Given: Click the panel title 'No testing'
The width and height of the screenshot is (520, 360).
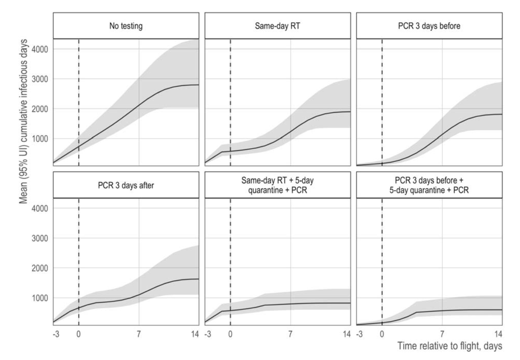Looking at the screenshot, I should (x=126, y=26).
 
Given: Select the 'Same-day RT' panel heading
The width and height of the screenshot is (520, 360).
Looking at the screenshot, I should (x=277, y=26).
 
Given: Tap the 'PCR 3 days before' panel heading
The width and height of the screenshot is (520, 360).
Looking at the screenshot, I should (x=429, y=26).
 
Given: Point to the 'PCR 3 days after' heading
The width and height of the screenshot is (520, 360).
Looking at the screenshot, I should (x=126, y=185).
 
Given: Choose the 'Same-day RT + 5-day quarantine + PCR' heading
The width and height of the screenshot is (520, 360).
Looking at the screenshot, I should (x=277, y=185).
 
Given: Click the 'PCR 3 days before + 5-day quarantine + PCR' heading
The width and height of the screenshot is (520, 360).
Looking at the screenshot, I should (x=429, y=185).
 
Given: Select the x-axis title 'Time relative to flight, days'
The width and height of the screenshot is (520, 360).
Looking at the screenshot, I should (x=449, y=346).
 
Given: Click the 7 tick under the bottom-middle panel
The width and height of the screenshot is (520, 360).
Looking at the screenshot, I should (x=290, y=334).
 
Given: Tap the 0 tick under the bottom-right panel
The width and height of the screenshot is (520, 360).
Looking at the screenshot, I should (x=382, y=334).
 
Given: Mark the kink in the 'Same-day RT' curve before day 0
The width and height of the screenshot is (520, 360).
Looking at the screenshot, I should (x=222, y=152).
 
